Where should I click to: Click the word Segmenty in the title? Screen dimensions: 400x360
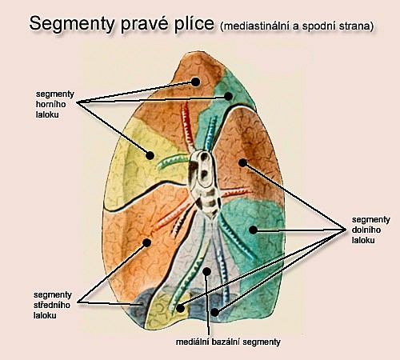click(x=72, y=24)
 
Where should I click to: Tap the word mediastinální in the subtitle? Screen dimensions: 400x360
click(x=250, y=26)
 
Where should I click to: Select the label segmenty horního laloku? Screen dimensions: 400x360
click(x=55, y=104)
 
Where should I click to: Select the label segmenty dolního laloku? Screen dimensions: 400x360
click(x=370, y=230)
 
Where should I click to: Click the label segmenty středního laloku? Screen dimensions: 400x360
click(x=53, y=305)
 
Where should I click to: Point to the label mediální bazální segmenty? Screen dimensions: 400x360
click(x=228, y=342)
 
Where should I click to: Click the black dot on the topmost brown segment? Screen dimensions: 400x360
click(x=195, y=82)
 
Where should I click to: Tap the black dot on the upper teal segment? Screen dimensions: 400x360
click(x=228, y=96)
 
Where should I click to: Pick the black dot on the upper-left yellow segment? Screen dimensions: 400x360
click(x=150, y=155)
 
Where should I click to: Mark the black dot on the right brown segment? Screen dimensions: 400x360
click(x=242, y=162)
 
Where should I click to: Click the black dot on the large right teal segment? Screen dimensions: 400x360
click(x=253, y=230)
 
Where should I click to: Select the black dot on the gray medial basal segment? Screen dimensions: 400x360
click(x=206, y=271)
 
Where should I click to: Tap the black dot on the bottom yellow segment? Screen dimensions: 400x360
click(x=181, y=309)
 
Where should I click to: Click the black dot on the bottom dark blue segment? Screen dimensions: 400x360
click(x=214, y=312)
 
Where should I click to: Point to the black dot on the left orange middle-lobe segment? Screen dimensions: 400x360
click(x=146, y=242)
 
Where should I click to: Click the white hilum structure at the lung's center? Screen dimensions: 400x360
click(x=205, y=184)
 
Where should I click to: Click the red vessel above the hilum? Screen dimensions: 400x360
click(x=188, y=127)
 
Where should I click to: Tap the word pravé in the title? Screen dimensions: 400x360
click(x=143, y=24)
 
